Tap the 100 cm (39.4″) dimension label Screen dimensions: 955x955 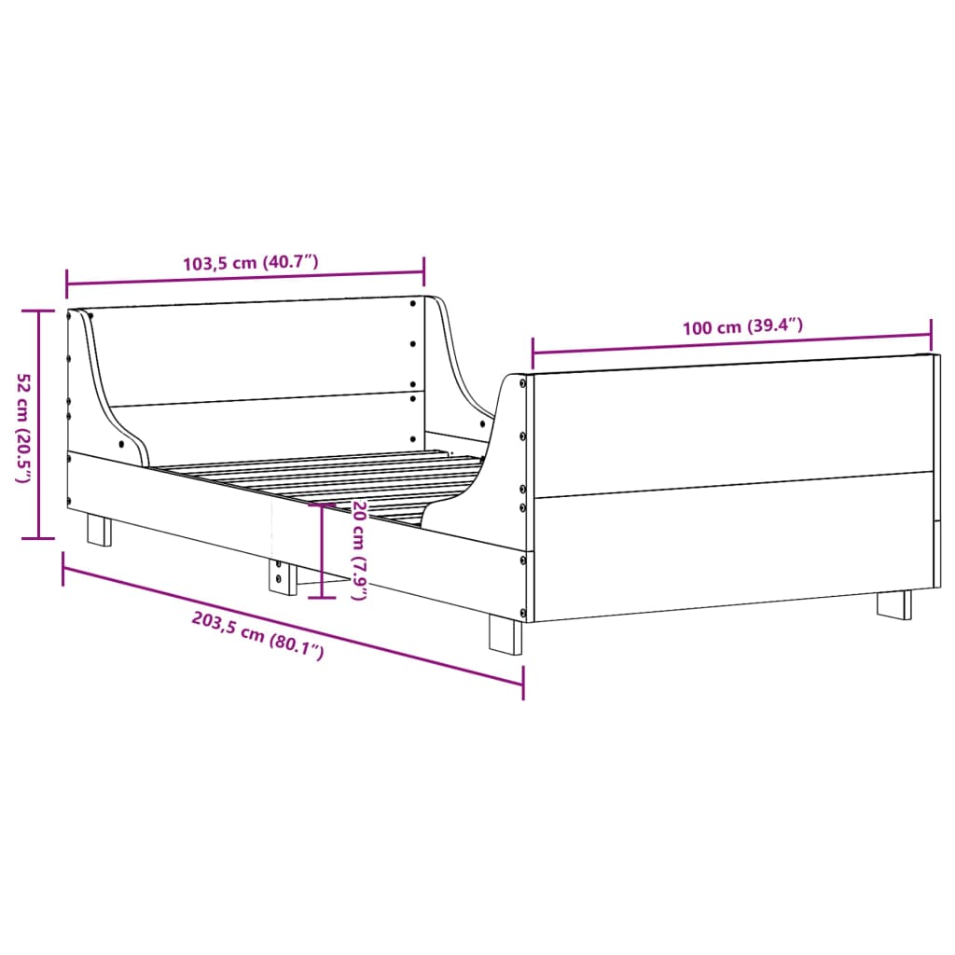coord(742,326)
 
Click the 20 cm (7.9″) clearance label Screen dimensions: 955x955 coord(358,549)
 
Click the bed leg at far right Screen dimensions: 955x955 coord(894,604)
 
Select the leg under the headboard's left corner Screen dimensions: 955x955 coord(99,530)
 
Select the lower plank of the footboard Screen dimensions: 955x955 coord(732,541)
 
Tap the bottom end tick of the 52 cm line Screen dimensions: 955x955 coord(38,538)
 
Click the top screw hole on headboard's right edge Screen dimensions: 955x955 coord(413,302)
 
